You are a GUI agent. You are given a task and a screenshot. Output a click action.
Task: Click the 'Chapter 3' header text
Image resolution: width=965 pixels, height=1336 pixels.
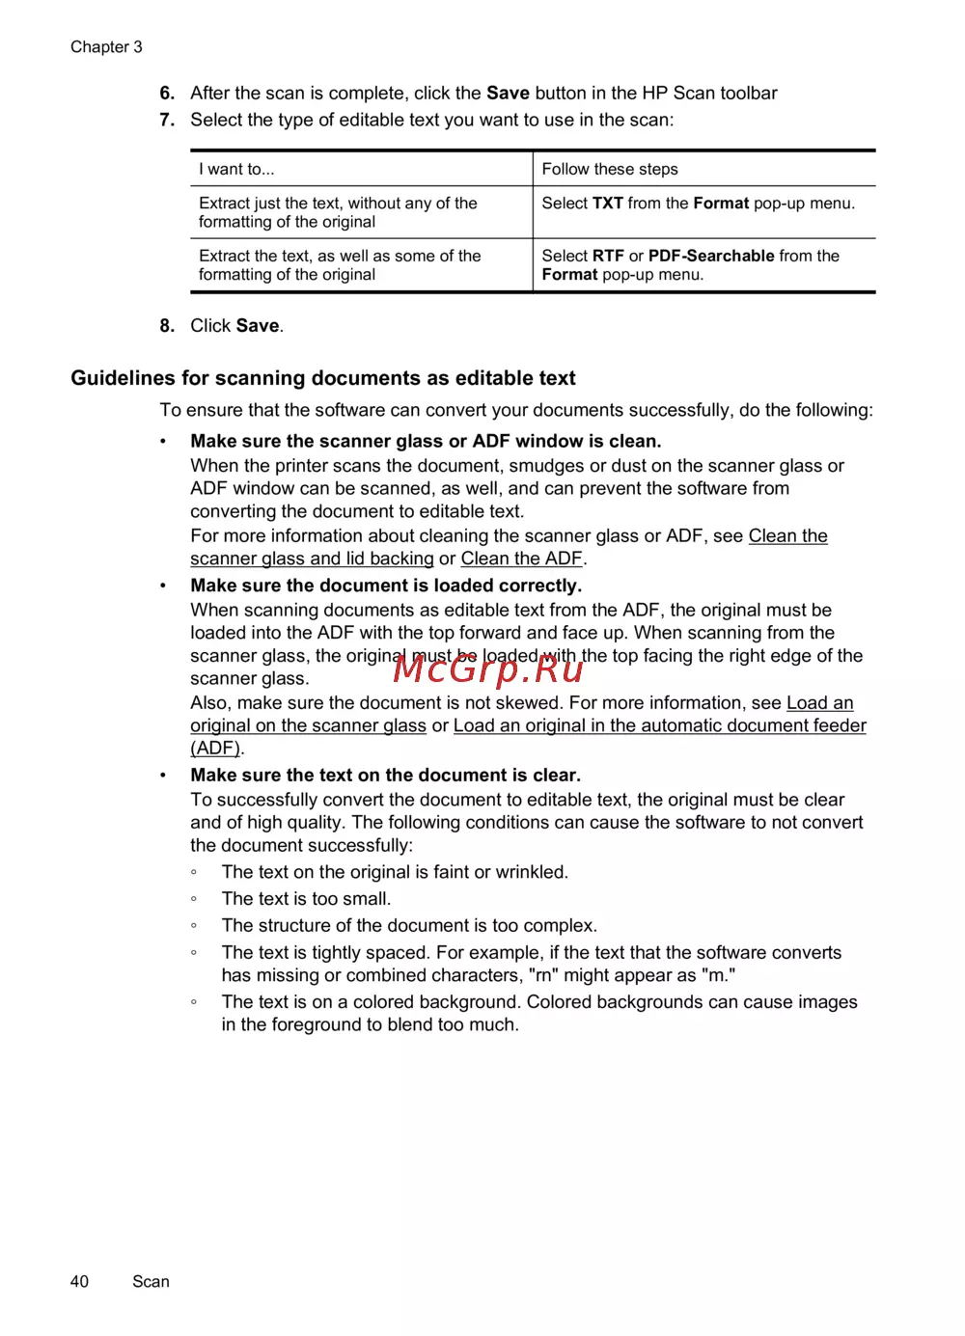(x=106, y=47)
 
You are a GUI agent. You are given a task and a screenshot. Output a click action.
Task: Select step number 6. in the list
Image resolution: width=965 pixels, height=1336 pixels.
(x=167, y=94)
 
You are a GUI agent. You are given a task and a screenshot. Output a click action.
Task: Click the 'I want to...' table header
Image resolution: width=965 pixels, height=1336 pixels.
(x=236, y=170)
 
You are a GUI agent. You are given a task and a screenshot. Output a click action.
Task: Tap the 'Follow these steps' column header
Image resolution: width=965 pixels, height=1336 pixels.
(x=610, y=170)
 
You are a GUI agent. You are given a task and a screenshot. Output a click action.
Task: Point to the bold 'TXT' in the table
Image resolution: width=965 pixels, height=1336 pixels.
(x=607, y=204)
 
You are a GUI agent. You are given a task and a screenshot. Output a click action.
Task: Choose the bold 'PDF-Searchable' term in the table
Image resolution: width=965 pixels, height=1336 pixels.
(x=711, y=256)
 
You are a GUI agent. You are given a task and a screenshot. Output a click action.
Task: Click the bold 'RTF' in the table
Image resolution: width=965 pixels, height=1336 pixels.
(x=608, y=256)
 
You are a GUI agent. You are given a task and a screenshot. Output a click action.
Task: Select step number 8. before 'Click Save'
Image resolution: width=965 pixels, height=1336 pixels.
(x=167, y=326)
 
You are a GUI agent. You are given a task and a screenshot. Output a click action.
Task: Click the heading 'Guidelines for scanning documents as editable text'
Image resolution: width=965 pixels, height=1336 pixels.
(x=323, y=378)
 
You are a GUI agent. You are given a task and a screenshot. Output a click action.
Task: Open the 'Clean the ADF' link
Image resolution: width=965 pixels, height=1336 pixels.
(x=521, y=559)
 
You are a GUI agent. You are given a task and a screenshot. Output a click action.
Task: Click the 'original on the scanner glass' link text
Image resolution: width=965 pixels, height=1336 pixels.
(x=308, y=725)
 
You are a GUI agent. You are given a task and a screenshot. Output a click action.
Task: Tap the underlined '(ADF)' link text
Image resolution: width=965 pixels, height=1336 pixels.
(x=215, y=749)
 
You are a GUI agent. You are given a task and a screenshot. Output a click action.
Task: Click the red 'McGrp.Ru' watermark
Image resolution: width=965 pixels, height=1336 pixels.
(x=488, y=668)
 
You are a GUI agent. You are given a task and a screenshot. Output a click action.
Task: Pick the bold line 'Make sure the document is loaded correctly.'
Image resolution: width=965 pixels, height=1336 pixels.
(x=386, y=586)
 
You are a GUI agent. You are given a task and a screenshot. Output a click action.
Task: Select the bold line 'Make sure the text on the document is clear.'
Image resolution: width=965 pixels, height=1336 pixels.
(x=385, y=776)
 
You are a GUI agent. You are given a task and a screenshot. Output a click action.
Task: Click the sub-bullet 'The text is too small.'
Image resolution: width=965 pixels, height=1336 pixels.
(x=306, y=899)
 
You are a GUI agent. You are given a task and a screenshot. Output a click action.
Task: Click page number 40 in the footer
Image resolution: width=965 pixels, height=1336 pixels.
(x=79, y=1281)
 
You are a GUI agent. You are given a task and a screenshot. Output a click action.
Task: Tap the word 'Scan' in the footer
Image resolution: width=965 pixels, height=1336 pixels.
(x=151, y=1281)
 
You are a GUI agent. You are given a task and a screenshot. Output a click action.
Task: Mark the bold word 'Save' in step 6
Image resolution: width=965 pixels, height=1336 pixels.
(x=508, y=94)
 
